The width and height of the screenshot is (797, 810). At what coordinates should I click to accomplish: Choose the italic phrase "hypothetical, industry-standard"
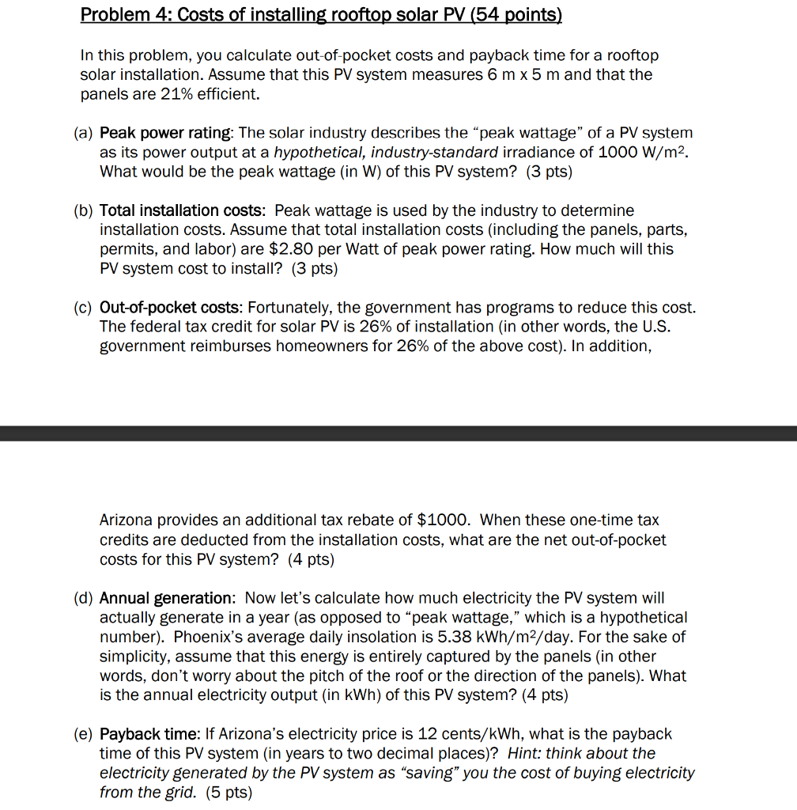380,152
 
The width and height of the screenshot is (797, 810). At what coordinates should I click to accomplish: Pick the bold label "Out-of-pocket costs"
170,308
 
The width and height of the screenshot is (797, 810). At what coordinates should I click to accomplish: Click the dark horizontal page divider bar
398,433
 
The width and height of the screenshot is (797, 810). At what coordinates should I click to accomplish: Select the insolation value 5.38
474,638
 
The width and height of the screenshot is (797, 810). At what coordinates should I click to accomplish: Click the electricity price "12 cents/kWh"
444,735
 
